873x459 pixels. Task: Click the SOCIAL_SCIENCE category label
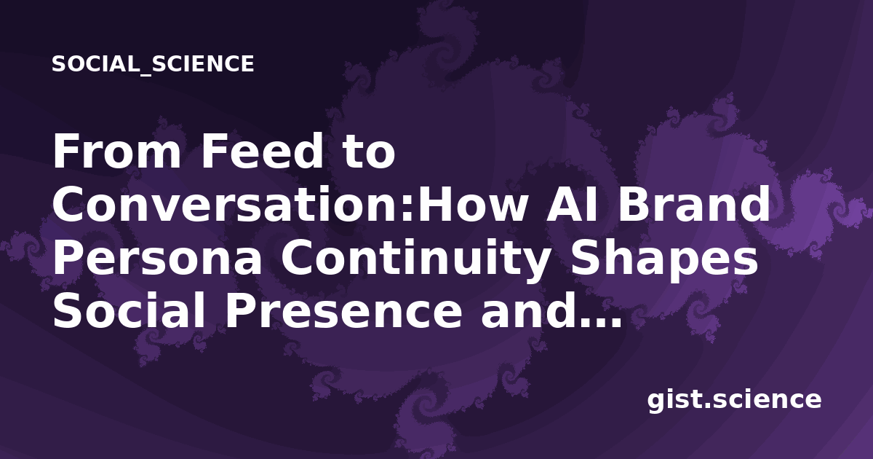(153, 64)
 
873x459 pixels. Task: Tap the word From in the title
(117, 151)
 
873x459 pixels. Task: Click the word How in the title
(472, 205)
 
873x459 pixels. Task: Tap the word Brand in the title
(694, 204)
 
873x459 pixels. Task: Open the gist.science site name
(734, 400)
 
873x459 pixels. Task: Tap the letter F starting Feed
(214, 151)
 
